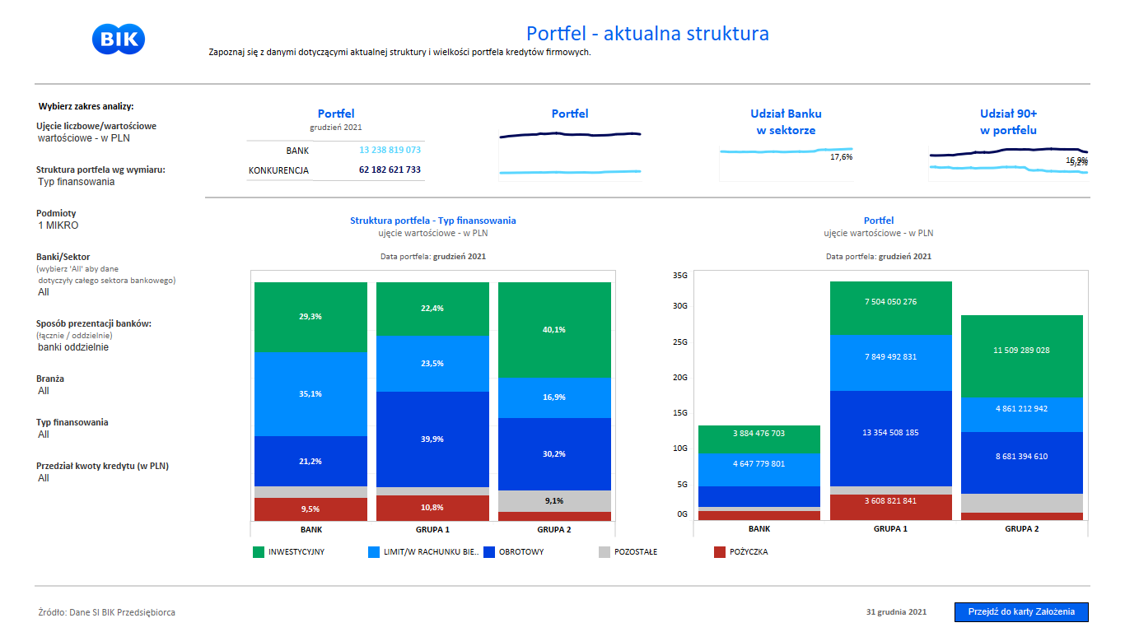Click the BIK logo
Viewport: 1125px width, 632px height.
point(119,39)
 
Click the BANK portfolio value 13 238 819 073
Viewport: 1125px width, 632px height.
point(390,151)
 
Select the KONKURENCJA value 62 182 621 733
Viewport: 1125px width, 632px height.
point(390,170)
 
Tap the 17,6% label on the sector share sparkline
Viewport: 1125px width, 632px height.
point(841,157)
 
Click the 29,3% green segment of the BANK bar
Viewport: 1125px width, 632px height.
point(310,317)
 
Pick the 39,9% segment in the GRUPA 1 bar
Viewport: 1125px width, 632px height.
point(432,439)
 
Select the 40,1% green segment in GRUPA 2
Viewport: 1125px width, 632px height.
point(554,330)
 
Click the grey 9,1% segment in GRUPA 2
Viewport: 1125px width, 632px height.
point(554,500)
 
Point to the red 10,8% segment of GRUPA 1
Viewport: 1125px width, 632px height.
point(432,508)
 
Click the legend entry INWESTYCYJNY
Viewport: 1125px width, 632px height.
point(296,552)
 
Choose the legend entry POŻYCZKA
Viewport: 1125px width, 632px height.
point(748,552)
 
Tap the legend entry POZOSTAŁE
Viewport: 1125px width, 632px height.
point(635,552)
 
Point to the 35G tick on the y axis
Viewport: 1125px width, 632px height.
point(680,276)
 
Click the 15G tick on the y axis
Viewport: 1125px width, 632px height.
point(680,413)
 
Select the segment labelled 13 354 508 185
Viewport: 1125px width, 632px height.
point(890,433)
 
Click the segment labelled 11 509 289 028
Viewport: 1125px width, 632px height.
point(1021,351)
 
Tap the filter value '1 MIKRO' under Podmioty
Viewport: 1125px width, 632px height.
point(58,225)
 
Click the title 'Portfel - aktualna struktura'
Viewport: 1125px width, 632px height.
point(647,34)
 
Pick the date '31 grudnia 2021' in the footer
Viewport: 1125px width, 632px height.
point(896,612)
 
